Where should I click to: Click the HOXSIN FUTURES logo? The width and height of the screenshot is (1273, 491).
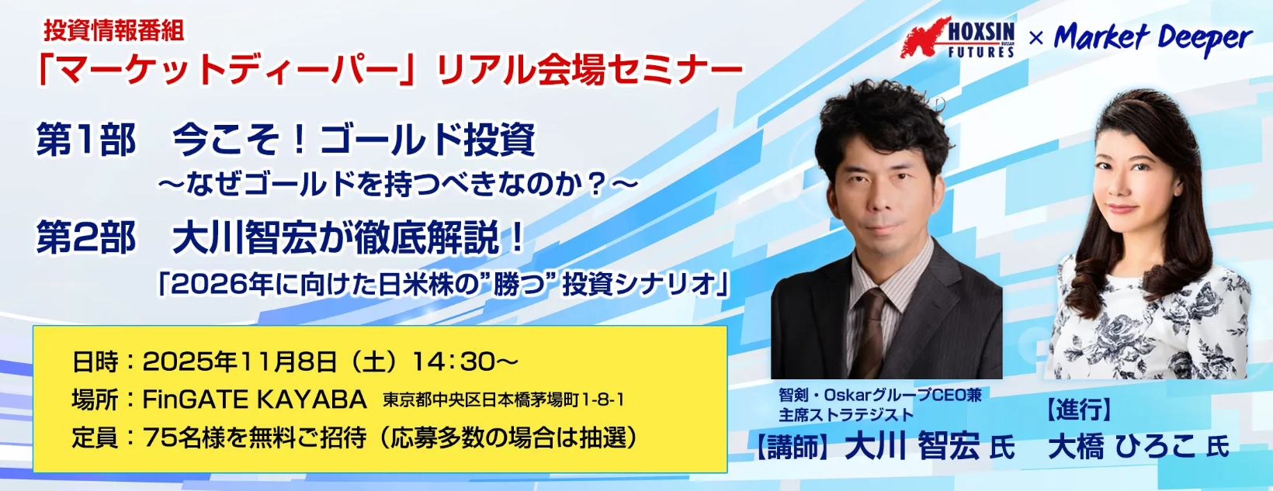tap(958, 37)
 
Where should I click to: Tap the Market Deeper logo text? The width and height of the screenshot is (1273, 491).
tap(1153, 38)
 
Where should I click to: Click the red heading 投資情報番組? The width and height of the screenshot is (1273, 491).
tap(114, 31)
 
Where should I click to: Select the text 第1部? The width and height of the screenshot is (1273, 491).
tap(86, 140)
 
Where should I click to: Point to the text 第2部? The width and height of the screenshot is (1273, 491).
tap(86, 237)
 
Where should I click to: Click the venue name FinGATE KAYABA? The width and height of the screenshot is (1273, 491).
tap(255, 399)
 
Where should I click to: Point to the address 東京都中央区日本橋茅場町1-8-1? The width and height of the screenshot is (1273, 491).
tap(504, 400)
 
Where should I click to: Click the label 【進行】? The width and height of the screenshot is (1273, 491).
tap(1079, 410)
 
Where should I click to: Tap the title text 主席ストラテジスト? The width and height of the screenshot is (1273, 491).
tap(845, 415)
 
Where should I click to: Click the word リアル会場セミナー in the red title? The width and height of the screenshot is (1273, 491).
tap(589, 71)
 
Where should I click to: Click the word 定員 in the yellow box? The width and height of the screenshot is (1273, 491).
tap(95, 437)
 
